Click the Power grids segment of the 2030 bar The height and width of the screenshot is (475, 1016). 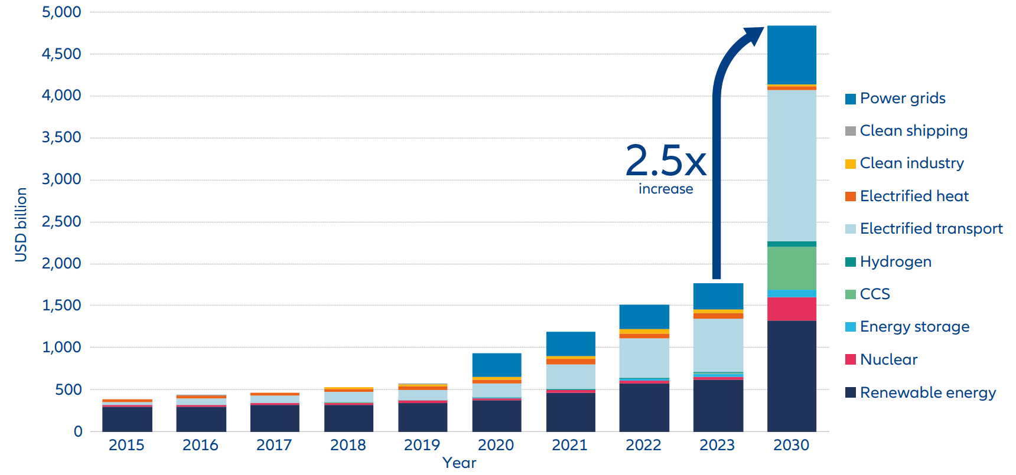click(792, 55)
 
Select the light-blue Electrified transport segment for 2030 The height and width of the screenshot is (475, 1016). click(792, 165)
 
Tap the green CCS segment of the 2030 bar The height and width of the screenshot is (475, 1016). click(792, 268)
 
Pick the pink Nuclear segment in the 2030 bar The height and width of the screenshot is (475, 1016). click(792, 309)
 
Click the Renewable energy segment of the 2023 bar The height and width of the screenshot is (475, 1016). click(718, 405)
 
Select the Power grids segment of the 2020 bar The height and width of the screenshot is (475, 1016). click(497, 365)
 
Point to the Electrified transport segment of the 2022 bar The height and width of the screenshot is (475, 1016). click(644, 358)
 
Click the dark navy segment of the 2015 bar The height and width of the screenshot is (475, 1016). click(127, 419)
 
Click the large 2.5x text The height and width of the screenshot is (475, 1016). click(666, 160)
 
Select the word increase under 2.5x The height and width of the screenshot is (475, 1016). click(666, 189)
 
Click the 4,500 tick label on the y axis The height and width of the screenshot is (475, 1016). click(61, 54)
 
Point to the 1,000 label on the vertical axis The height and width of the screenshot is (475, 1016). click(61, 347)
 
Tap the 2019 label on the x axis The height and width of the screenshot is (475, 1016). click(422, 445)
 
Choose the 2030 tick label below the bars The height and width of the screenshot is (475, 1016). click(792, 445)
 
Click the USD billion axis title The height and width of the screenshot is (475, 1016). click(21, 224)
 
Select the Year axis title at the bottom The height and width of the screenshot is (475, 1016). click(459, 463)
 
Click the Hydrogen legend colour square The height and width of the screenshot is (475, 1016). click(851, 261)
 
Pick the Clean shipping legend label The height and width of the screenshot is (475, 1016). click(913, 130)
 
